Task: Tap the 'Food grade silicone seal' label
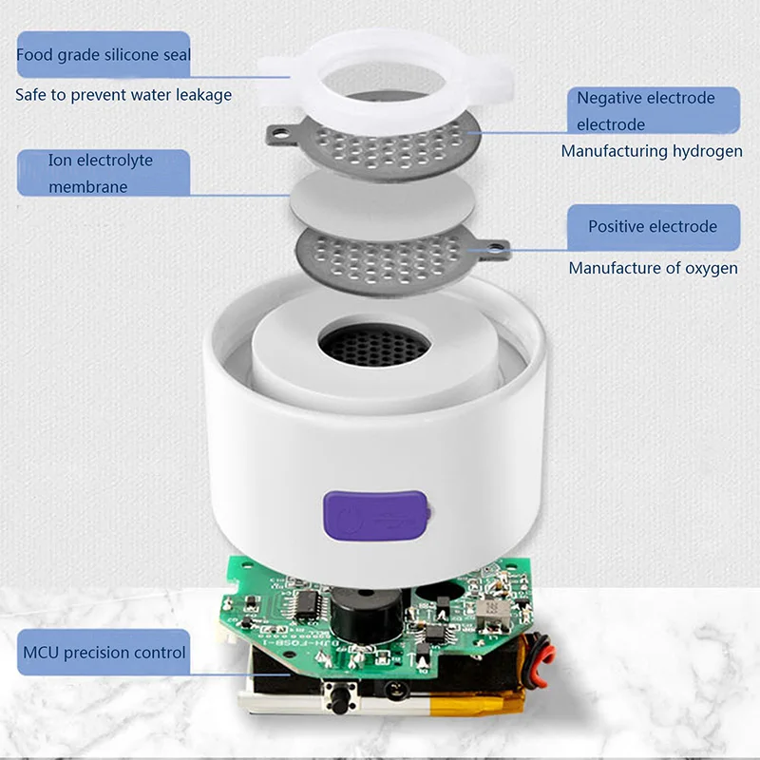pyautogui.click(x=104, y=55)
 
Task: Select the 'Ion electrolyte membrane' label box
pyautogui.click(x=102, y=173)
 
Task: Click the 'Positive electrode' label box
pyautogui.click(x=652, y=227)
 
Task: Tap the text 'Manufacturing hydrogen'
pyautogui.click(x=652, y=151)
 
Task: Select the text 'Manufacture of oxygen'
pyautogui.click(x=653, y=268)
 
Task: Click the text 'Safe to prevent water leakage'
pyautogui.click(x=123, y=94)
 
